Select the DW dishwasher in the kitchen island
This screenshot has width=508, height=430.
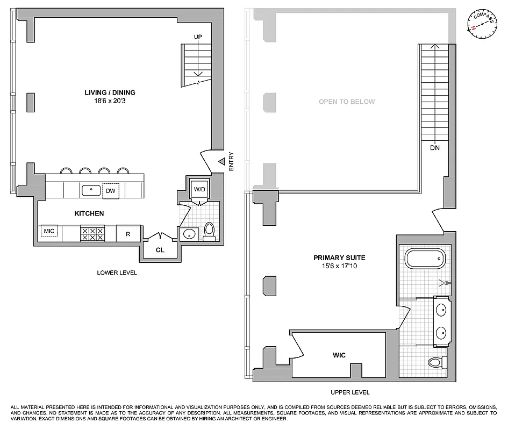click(x=110, y=191)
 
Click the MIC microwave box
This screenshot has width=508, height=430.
click(x=49, y=232)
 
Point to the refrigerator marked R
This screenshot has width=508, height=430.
click(x=128, y=234)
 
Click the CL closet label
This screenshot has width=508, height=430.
click(x=160, y=250)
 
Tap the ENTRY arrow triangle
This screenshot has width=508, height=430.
click(x=221, y=161)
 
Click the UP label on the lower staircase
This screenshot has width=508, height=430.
click(x=198, y=37)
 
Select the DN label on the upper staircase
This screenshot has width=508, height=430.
click(x=435, y=147)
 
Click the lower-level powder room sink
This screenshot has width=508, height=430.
click(x=189, y=234)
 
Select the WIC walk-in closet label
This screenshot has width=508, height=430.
click(x=339, y=355)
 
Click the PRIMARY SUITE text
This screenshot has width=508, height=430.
click(x=335, y=257)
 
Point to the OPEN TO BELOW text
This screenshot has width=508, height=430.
click(x=347, y=102)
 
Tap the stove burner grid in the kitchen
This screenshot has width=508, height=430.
click(x=92, y=234)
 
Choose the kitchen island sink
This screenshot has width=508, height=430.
click(x=90, y=190)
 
